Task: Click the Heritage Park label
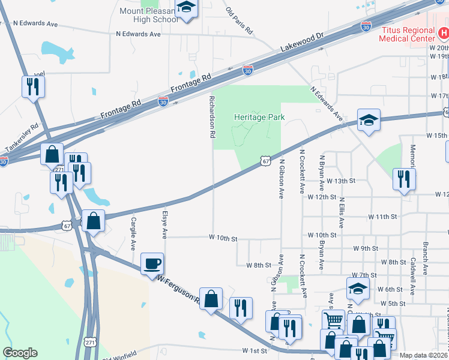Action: (x=259, y=118)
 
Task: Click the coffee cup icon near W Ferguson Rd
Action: (x=152, y=263)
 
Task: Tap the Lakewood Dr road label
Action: (x=302, y=43)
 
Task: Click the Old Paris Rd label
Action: (x=239, y=20)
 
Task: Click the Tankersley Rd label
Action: (x=22, y=139)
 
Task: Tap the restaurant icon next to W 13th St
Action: (x=403, y=179)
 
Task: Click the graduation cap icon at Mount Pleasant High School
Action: (x=187, y=8)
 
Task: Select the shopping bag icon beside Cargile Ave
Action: (x=93, y=220)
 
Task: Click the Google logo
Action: (x=20, y=353)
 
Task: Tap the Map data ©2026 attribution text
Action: (x=424, y=355)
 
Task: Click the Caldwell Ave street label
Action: (x=413, y=276)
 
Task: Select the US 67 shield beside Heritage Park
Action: (x=265, y=160)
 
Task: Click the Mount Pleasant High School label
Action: (x=149, y=15)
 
